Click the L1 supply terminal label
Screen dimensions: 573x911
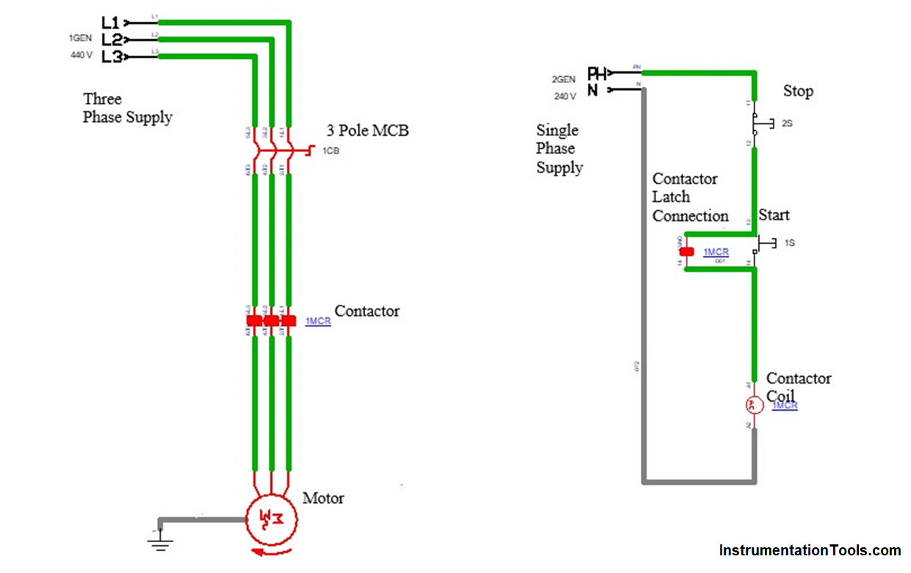pyautogui.click(x=109, y=23)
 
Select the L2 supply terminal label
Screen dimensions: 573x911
pyautogui.click(x=111, y=40)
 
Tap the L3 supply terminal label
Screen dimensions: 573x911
pyautogui.click(x=111, y=57)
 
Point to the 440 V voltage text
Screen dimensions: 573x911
pyautogui.click(x=82, y=55)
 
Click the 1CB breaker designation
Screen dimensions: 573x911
pyautogui.click(x=331, y=151)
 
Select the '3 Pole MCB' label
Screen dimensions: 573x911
pyautogui.click(x=367, y=131)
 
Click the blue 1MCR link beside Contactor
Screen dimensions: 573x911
pyautogui.click(x=318, y=322)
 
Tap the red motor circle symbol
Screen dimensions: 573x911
pyautogui.click(x=272, y=517)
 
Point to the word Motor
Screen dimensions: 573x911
pyautogui.click(x=323, y=498)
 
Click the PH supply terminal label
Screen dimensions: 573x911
pyautogui.click(x=597, y=73)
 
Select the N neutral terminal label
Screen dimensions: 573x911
pyautogui.click(x=593, y=90)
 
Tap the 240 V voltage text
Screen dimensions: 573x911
pyautogui.click(x=564, y=96)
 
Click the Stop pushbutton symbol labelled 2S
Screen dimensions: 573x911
pyautogui.click(x=761, y=123)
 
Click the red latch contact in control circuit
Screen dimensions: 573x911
pyautogui.click(x=686, y=252)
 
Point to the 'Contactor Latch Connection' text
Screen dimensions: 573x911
pyautogui.click(x=689, y=197)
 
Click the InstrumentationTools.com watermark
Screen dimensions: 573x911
pyautogui.click(x=809, y=550)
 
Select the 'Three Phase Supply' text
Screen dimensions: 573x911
pyautogui.click(x=127, y=108)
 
